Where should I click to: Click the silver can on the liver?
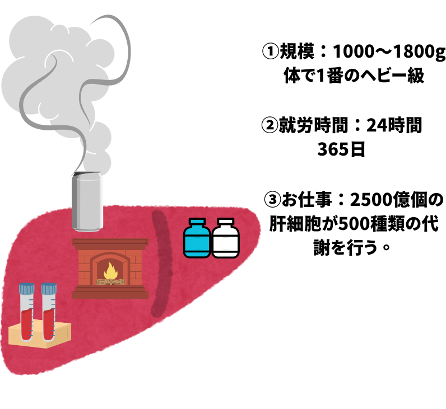click(x=87, y=202)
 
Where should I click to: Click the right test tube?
click(x=49, y=313)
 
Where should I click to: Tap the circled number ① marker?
click(x=271, y=54)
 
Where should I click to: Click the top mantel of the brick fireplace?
click(x=110, y=242)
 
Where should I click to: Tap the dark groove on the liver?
click(x=160, y=263)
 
